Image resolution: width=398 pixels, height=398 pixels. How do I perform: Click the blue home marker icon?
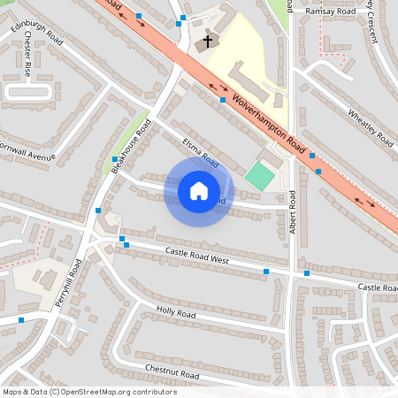pos(199,191)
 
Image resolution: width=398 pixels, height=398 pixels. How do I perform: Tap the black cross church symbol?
pos(209,41)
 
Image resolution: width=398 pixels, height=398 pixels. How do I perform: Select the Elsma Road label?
pos(200,150)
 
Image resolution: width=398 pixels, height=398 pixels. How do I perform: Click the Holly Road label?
pos(175,313)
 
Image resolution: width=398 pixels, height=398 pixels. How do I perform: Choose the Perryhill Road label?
pos(68,283)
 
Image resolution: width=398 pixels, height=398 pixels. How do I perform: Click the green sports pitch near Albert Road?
pos(259,175)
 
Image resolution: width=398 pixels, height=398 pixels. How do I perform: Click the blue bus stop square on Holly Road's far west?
pos(21,320)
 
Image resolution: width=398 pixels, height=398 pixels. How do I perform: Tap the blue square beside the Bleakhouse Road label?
pos(114,159)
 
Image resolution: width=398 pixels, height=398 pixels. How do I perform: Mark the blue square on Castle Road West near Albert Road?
pos(266,271)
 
